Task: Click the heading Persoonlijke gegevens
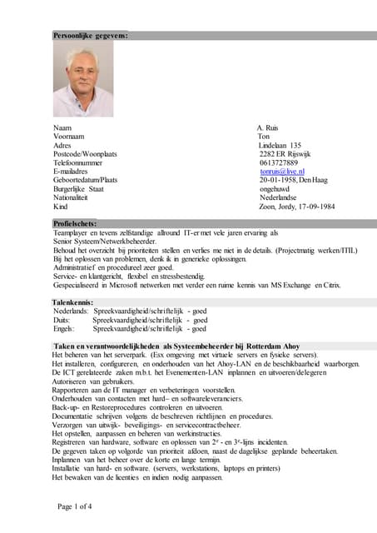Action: point(90,35)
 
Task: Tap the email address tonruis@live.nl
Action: point(282,172)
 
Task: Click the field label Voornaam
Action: point(69,137)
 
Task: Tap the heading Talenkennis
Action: point(73,301)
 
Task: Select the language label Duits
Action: point(62,319)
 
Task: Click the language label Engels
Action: point(63,328)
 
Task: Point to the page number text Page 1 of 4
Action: point(75,506)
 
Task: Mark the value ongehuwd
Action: point(276,189)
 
